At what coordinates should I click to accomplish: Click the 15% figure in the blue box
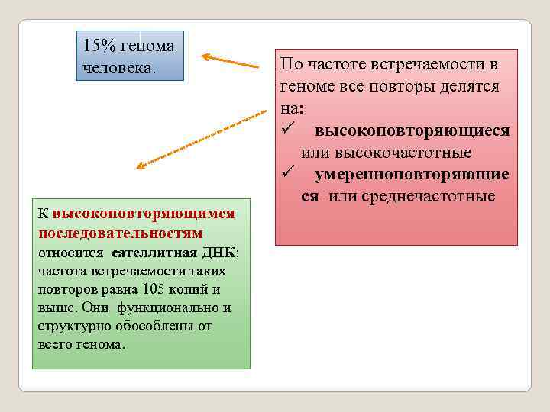point(99,46)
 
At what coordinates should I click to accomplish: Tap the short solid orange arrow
point(230,60)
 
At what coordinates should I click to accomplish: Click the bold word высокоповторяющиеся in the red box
point(412,131)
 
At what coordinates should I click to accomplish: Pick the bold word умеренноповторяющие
point(412,175)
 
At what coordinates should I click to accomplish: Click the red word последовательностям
point(120,232)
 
